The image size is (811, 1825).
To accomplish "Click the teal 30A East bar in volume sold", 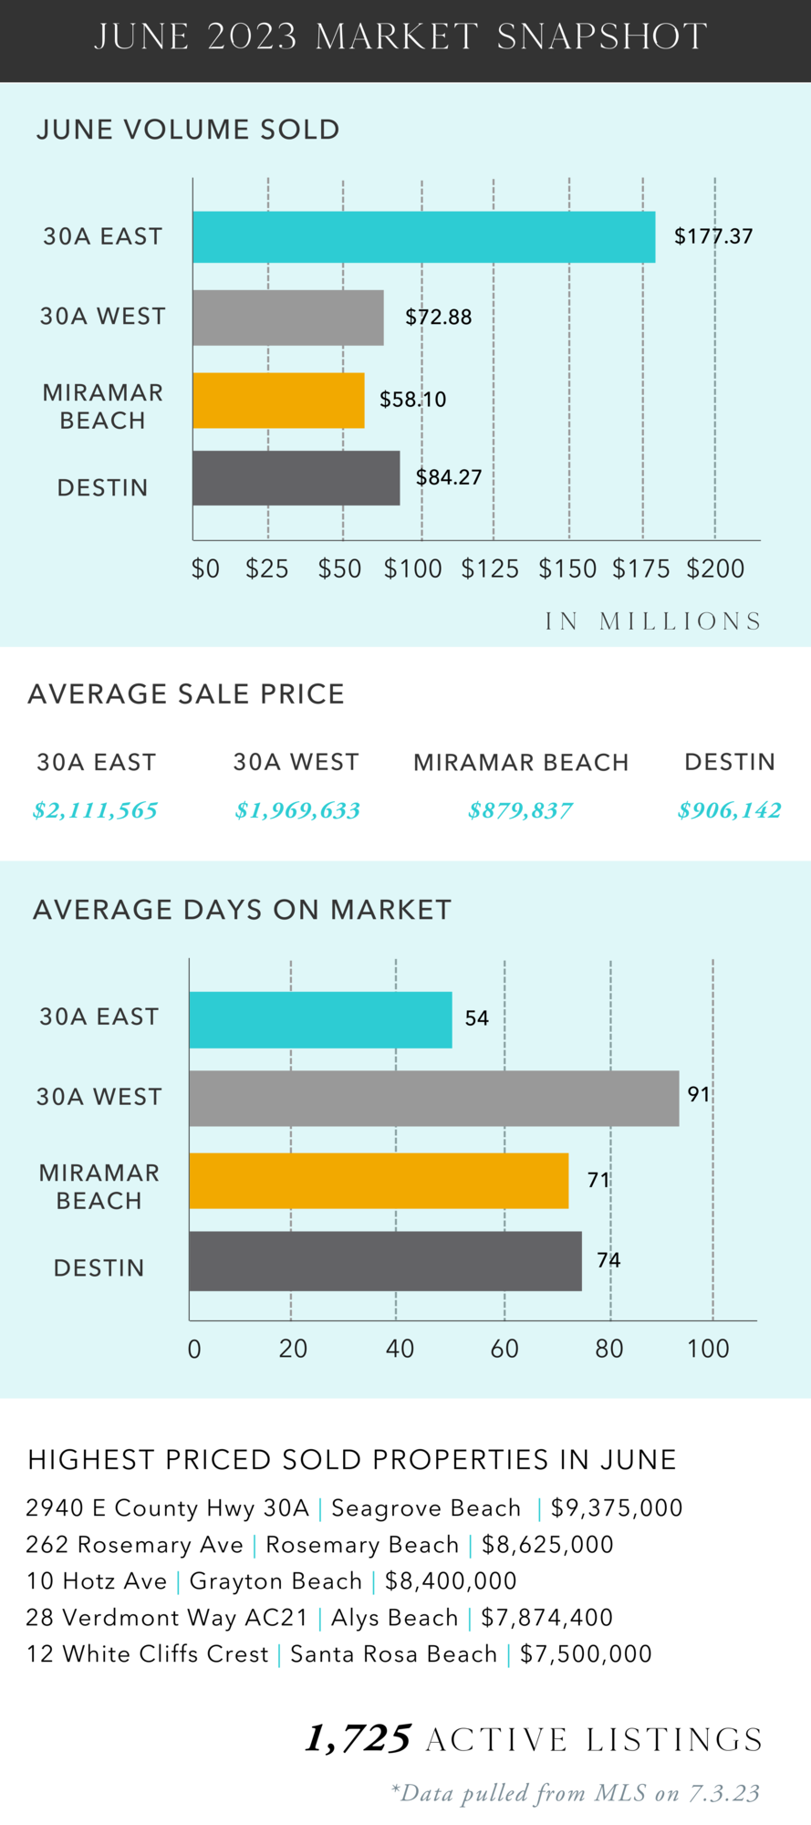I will (x=423, y=237).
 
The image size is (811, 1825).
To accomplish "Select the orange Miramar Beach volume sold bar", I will (x=278, y=400).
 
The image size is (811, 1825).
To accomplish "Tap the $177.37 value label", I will (x=713, y=236).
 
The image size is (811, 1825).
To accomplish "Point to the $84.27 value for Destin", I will (x=449, y=477).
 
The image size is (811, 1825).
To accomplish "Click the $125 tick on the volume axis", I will (x=490, y=569).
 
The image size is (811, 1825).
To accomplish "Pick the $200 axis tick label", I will (x=716, y=569).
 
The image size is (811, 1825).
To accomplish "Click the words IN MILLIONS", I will (x=653, y=621).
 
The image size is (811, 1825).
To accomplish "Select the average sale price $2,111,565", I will (x=95, y=810).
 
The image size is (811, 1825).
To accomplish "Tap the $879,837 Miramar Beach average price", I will (x=520, y=810).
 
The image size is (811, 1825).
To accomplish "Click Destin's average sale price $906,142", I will (x=729, y=810).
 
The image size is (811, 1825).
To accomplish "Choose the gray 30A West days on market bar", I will (x=433, y=1099).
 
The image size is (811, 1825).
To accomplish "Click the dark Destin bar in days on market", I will (x=385, y=1261).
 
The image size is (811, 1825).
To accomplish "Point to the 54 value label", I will (x=477, y=1018).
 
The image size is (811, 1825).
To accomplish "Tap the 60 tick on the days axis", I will (x=504, y=1349).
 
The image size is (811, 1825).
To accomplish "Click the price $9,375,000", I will (x=617, y=1508).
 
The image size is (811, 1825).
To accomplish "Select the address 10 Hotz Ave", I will (x=97, y=1581).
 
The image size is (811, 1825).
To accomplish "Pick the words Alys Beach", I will (x=394, y=1618).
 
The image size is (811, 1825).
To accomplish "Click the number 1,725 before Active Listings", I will (x=358, y=1739).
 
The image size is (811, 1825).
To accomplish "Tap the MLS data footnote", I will (x=575, y=1793).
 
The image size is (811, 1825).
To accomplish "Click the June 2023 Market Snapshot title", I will (x=401, y=37).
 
